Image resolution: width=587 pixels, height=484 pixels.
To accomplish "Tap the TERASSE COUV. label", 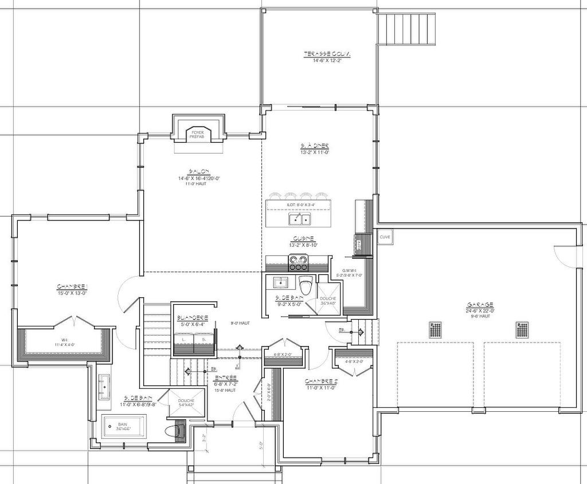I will pyautogui.click(x=327, y=54).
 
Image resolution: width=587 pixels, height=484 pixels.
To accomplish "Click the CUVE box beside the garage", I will pyautogui.click(x=385, y=236).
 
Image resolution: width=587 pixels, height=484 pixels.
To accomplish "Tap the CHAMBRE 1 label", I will pyautogui.click(x=72, y=286).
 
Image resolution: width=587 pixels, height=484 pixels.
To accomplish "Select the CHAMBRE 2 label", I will pyautogui.click(x=321, y=381).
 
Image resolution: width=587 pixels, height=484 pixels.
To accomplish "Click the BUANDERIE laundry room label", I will pyautogui.click(x=192, y=318).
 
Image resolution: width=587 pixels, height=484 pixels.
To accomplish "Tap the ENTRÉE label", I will pyautogui.click(x=226, y=379).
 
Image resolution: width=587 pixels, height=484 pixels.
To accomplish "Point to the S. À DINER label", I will pyautogui.click(x=314, y=146).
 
